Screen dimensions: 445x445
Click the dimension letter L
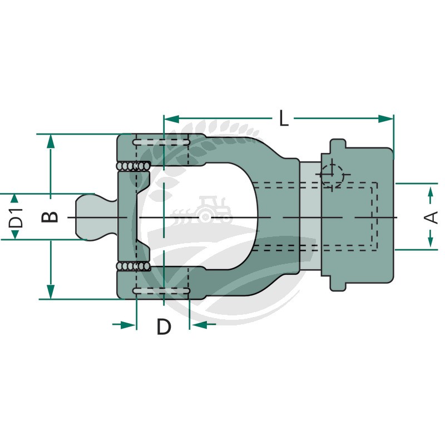pos(284,118)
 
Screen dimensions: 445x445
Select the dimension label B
pos(50,217)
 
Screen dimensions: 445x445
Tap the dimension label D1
pos(16,217)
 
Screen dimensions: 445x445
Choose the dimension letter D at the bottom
pos(164,327)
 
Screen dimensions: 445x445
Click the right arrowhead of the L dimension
pos(386,119)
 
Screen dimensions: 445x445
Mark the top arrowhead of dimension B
pos(51,141)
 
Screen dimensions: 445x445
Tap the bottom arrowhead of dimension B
pos(51,293)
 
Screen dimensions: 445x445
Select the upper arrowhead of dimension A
pos(431,191)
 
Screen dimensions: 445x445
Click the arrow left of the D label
pos(124,325)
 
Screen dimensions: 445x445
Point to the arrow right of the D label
pos(202,324)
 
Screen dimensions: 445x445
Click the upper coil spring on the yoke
pos(133,166)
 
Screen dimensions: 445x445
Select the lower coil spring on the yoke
pos(133,266)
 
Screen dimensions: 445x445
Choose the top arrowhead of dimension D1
pos(15,199)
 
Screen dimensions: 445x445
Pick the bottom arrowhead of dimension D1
pos(15,234)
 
